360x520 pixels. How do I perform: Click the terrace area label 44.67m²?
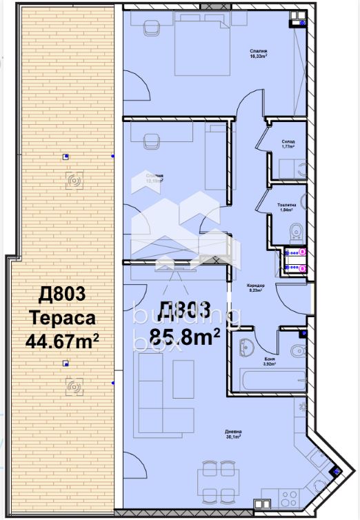point(61,341)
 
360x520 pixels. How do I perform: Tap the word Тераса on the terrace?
point(61,318)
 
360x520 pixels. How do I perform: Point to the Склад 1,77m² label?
point(288,144)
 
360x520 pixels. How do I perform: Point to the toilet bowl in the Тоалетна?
point(294,230)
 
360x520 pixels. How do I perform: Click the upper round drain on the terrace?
point(74,181)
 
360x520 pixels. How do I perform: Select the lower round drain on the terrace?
point(74,388)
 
